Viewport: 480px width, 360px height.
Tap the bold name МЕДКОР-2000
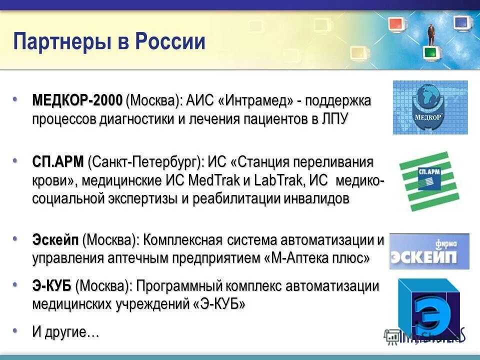[x=77, y=100]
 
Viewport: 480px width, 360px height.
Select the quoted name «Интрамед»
[x=255, y=100]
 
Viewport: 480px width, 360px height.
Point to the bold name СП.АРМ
[x=58, y=162]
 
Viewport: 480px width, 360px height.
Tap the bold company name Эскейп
[x=55, y=239]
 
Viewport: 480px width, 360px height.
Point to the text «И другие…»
[x=65, y=332]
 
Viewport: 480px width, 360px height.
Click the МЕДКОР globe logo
[x=430, y=107]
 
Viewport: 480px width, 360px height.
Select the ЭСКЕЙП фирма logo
[x=429, y=251]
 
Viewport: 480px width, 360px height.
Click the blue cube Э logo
[x=429, y=307]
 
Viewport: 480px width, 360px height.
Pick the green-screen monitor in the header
[x=429, y=51]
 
